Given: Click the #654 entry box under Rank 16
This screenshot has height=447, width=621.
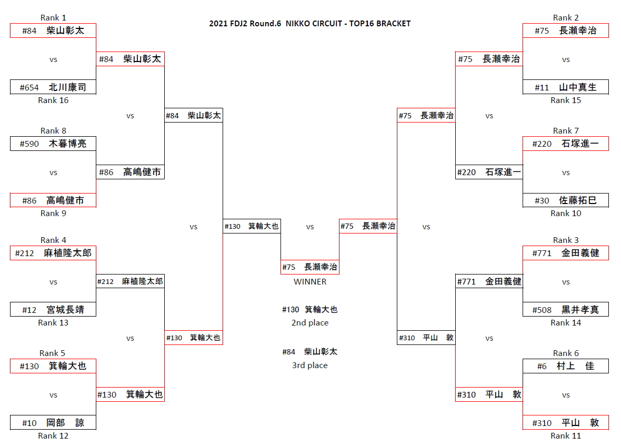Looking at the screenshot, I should [x=53, y=87].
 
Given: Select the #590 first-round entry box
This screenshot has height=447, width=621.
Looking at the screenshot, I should [x=53, y=144].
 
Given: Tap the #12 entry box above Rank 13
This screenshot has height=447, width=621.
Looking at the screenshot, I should [x=53, y=310].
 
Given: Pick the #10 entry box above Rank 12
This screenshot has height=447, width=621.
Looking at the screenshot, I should [x=53, y=423].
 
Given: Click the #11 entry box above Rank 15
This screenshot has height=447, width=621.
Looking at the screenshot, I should [x=566, y=87].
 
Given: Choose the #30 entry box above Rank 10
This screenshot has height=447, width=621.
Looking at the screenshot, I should [x=566, y=200].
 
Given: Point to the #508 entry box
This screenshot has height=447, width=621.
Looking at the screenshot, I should [x=566, y=310].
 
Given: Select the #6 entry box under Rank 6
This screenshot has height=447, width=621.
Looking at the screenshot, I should [x=566, y=366].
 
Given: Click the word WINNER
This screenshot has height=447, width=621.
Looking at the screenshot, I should [x=310, y=282].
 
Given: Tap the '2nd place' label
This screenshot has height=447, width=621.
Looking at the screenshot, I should [x=310, y=323].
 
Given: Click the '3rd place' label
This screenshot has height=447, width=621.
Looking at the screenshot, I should [x=310, y=365].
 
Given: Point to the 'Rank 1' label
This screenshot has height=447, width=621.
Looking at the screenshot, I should [x=53, y=18].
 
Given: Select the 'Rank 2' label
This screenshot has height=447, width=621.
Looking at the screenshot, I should [x=566, y=18].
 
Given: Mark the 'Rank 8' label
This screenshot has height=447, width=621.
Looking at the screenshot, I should [x=53, y=131].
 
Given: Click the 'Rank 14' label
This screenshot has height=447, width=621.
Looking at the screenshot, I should [x=566, y=323].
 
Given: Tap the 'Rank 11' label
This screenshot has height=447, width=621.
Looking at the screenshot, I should [x=566, y=436].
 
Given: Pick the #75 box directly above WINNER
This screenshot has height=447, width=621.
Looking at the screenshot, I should [x=310, y=267].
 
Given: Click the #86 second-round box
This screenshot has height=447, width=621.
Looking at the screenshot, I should [x=130, y=172].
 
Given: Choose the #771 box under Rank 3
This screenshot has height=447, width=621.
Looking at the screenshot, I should [x=566, y=253].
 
